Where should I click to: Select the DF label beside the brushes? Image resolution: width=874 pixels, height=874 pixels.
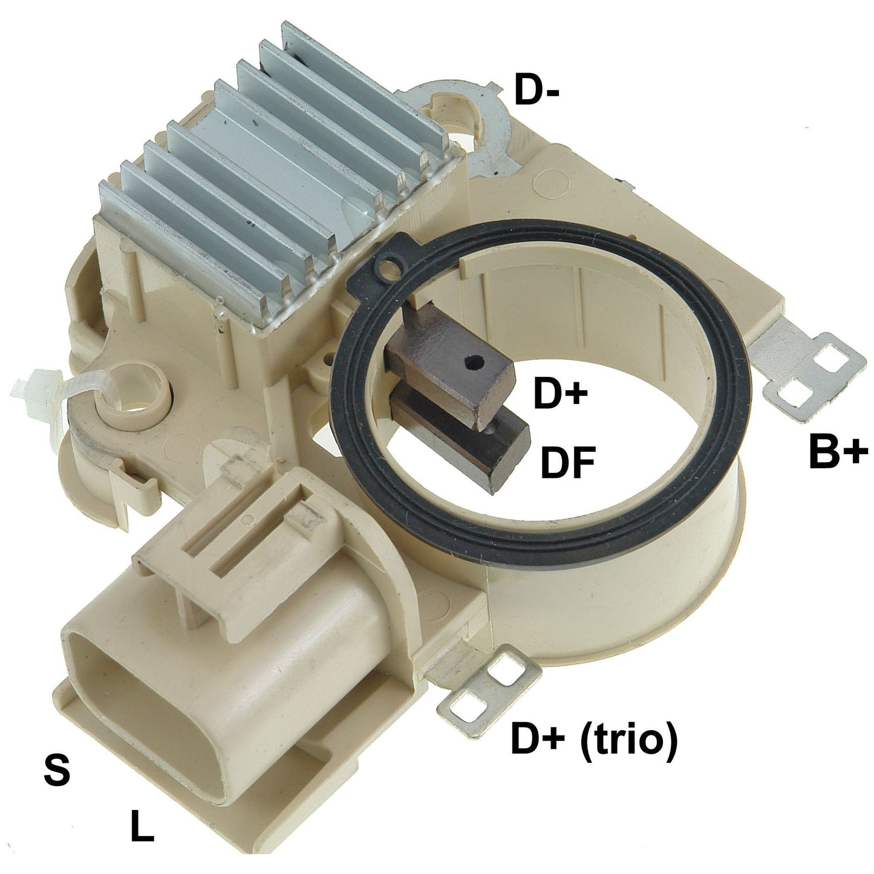tap(567, 463)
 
